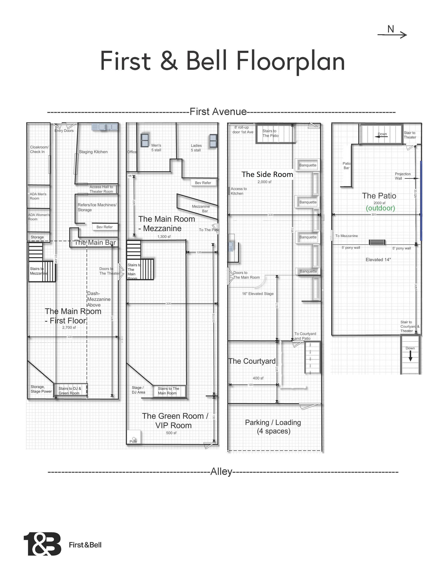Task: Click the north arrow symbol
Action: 392,34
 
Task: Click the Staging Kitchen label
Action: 93,152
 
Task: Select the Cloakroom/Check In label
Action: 39,149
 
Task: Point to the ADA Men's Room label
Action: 38,196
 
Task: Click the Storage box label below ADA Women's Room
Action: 37,237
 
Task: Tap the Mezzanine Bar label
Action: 201,209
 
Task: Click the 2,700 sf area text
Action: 69,328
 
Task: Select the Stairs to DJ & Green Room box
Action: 70,391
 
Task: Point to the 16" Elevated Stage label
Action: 258,294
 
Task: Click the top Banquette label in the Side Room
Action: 308,165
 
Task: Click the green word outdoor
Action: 380,208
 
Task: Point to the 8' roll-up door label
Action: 243,130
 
